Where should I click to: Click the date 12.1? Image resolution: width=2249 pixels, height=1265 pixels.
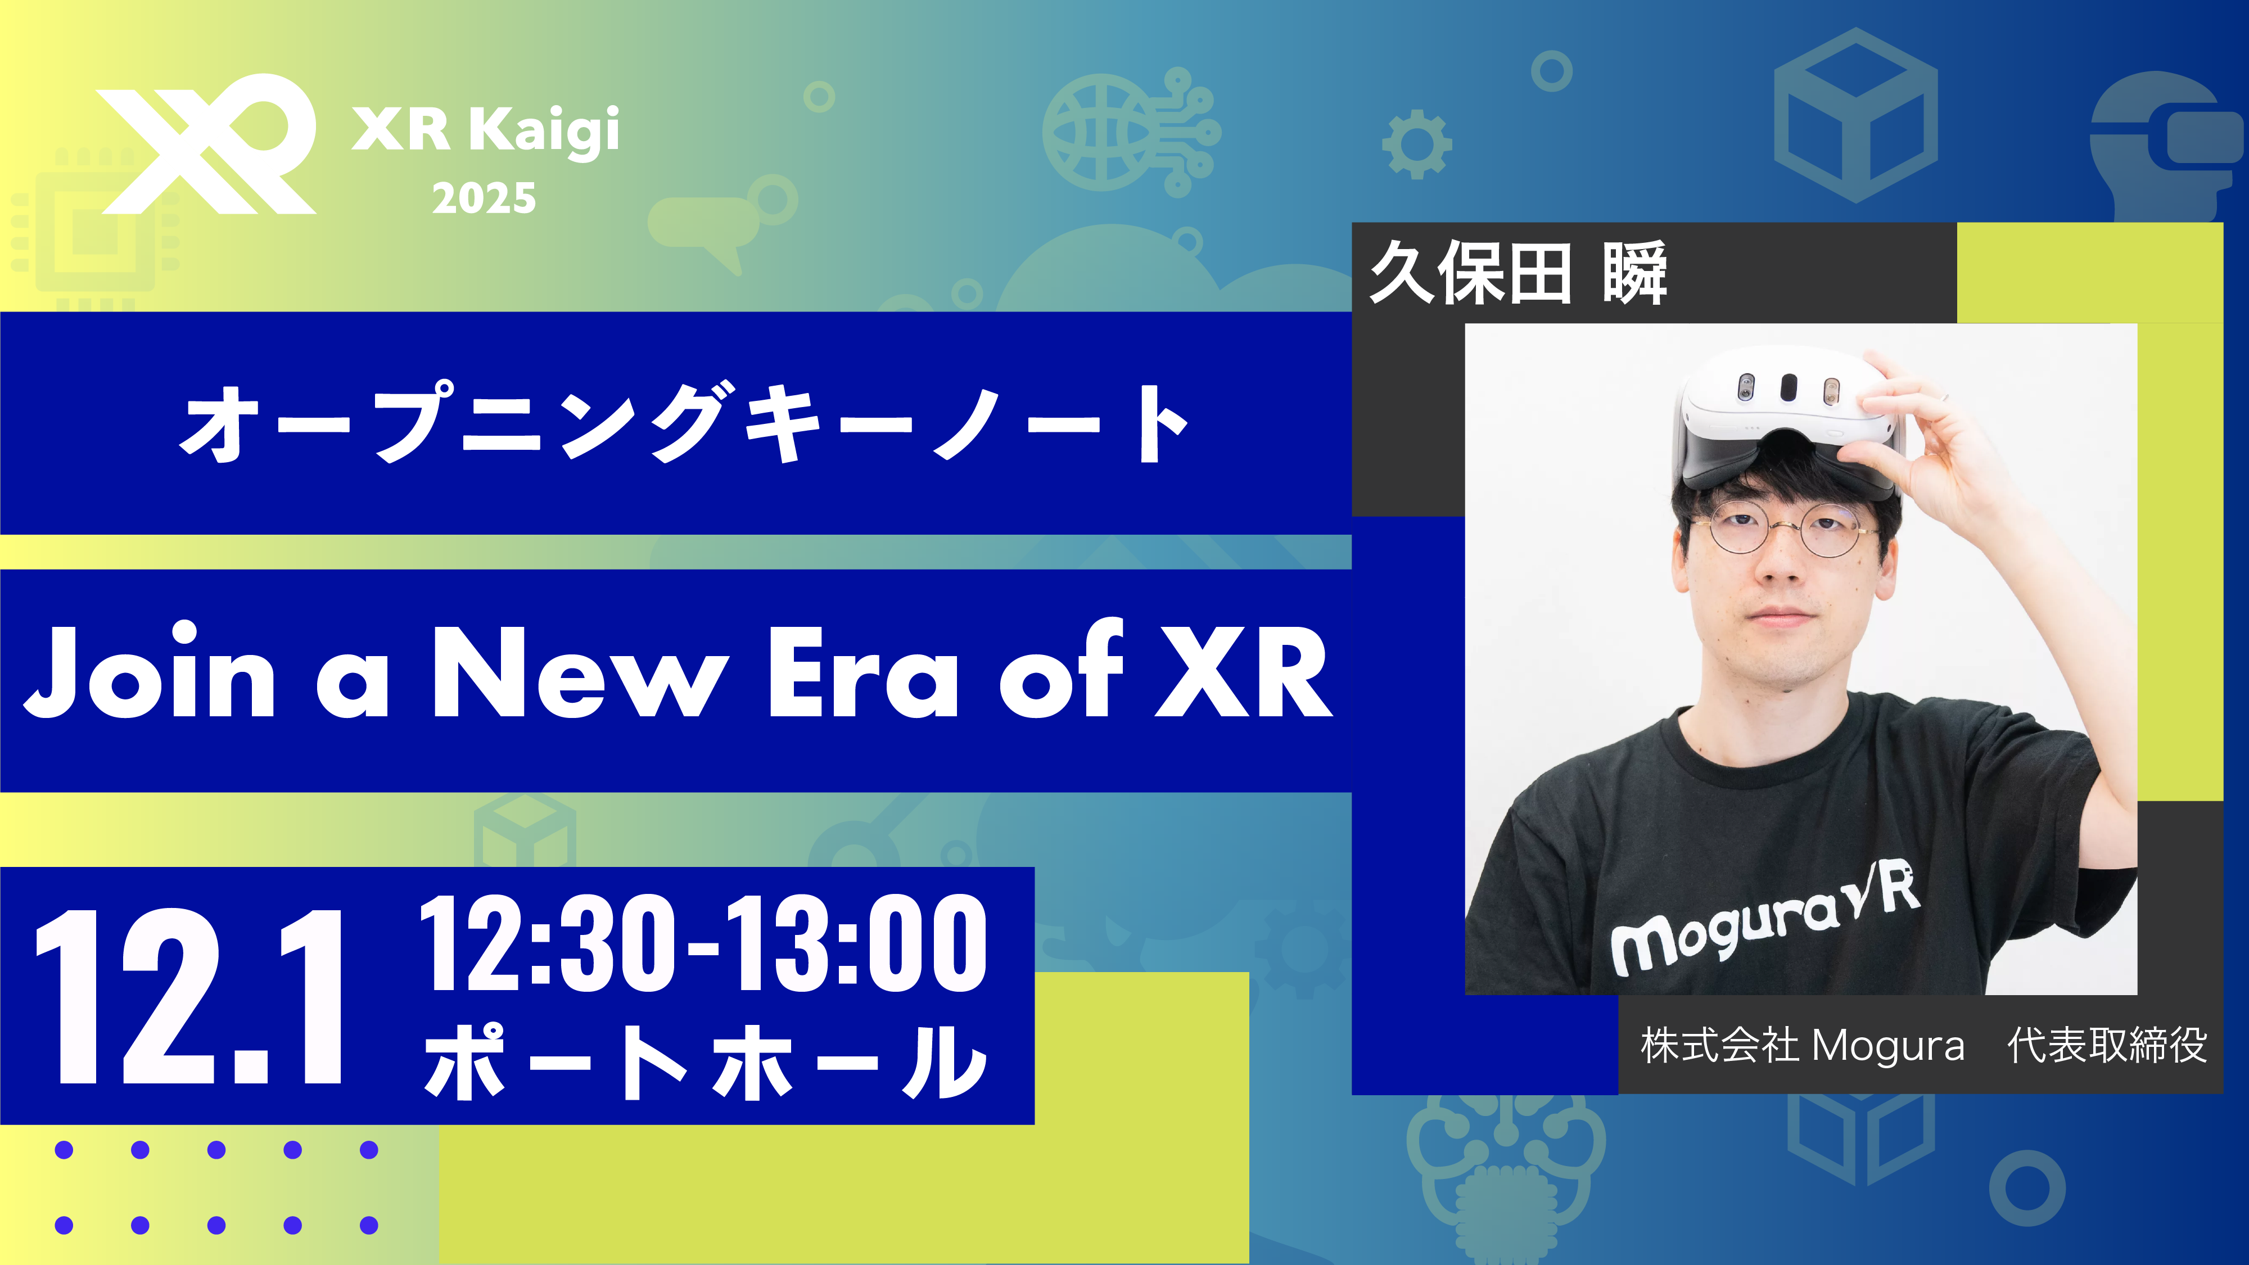pyautogui.click(x=188, y=995)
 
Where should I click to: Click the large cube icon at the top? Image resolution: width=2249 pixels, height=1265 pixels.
pyautogui.click(x=1856, y=114)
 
